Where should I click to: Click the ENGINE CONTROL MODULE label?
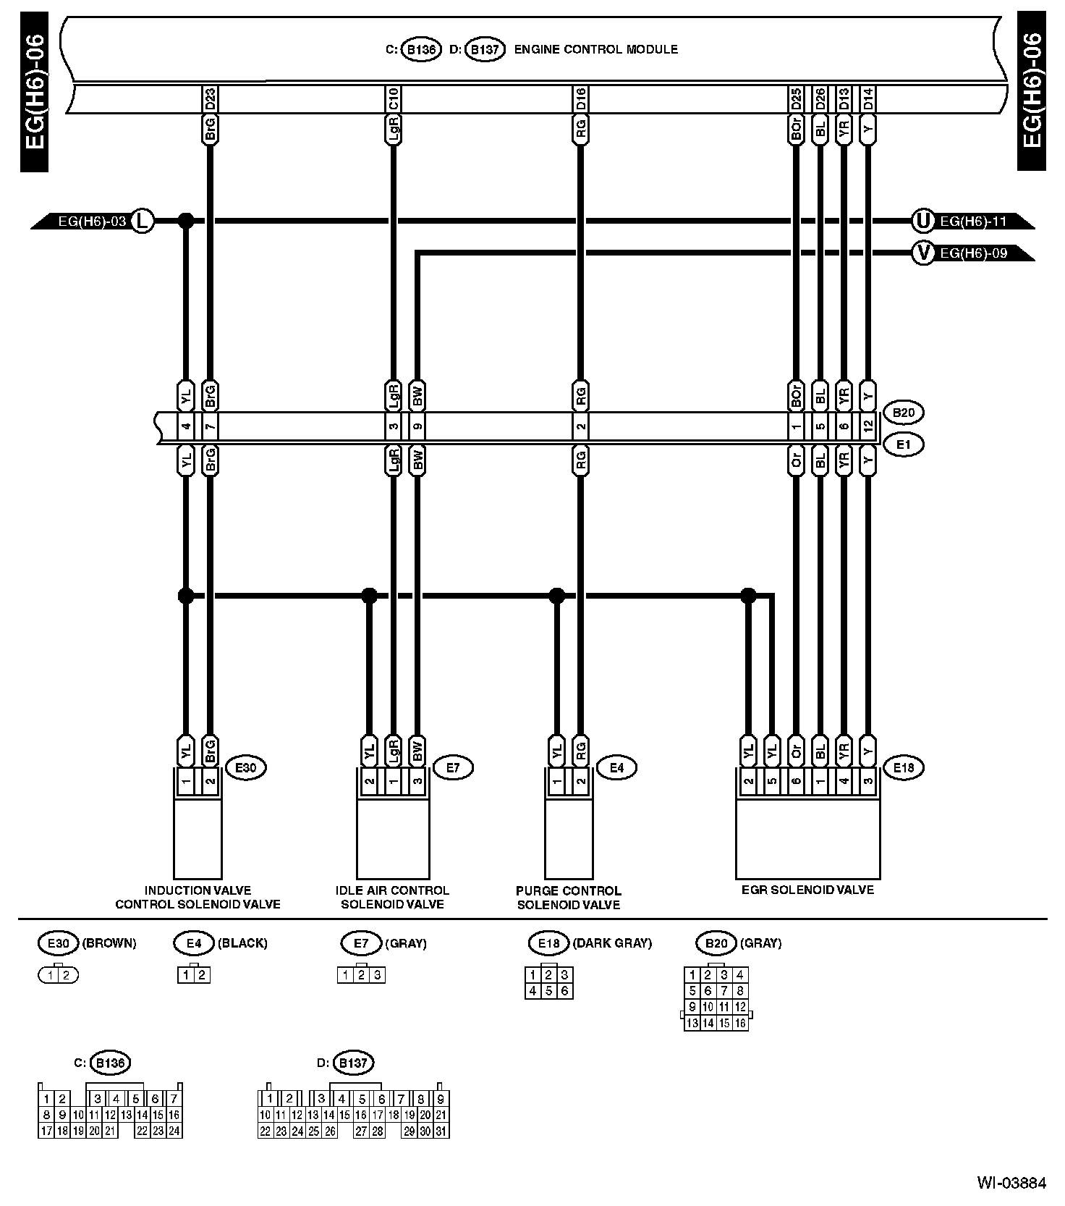[595, 50]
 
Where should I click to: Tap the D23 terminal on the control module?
[210, 98]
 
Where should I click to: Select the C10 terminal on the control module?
[393, 98]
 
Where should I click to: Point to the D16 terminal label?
[580, 98]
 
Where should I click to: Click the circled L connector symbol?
[143, 220]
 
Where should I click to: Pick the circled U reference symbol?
[922, 220]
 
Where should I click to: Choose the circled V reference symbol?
[922, 253]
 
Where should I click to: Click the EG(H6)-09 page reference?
[973, 253]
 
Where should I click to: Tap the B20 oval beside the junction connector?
[904, 413]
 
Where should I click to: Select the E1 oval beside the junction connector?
[904, 444]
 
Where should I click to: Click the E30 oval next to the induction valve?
[246, 767]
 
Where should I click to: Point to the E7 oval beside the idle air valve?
[453, 767]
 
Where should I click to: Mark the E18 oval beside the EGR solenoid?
[904, 767]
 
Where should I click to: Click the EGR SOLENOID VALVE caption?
[807, 890]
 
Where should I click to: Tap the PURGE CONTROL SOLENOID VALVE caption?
[569, 898]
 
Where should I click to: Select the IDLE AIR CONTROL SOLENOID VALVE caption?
[392, 898]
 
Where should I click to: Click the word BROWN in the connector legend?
[109, 943]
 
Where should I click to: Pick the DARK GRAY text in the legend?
[612, 943]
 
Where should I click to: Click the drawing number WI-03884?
[1011, 1183]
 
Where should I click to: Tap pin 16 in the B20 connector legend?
[740, 1023]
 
